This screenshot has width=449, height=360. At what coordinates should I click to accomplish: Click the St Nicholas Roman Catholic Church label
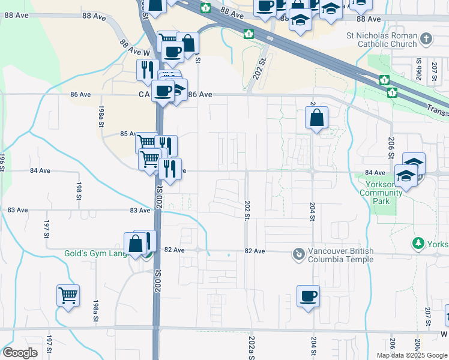click(x=381, y=40)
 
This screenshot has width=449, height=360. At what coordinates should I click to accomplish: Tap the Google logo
click(x=20, y=353)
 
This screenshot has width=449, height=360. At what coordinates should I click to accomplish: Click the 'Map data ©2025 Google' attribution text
click(x=412, y=355)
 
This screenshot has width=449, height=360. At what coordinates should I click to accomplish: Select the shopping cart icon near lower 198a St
click(x=68, y=295)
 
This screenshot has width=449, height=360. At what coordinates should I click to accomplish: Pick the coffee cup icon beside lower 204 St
click(x=308, y=296)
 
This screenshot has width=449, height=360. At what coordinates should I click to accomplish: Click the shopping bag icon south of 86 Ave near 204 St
click(x=316, y=118)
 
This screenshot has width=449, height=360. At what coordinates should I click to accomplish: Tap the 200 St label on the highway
click(x=160, y=197)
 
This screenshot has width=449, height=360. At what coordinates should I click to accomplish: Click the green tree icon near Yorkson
click(x=418, y=243)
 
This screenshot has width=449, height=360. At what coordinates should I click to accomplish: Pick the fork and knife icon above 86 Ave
click(x=146, y=70)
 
